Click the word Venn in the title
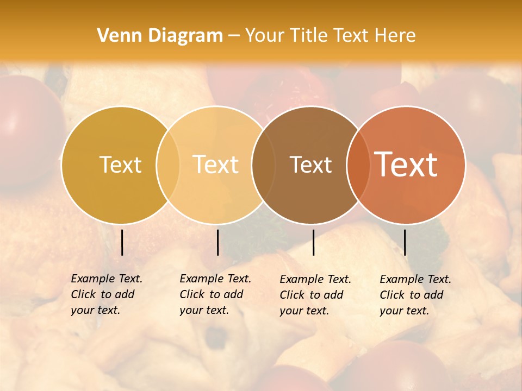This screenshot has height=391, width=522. [115, 36]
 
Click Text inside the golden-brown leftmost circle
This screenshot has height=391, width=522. [120, 165]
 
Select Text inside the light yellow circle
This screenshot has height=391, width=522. [216, 165]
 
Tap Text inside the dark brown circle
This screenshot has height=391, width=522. [311, 165]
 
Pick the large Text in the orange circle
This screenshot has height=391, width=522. [406, 165]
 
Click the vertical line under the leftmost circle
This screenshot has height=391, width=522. [122, 242]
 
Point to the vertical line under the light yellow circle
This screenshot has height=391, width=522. [217, 242]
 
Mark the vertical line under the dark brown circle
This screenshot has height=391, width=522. [313, 242]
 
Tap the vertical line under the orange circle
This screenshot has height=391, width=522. [405, 242]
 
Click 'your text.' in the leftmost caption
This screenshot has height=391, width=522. [95, 311]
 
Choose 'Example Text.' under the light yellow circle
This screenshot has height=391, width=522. [215, 279]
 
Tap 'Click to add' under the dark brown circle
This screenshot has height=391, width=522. [312, 295]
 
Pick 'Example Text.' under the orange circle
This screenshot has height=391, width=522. [415, 279]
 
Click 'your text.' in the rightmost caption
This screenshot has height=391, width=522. [404, 311]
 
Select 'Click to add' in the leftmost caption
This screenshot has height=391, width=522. [103, 295]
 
